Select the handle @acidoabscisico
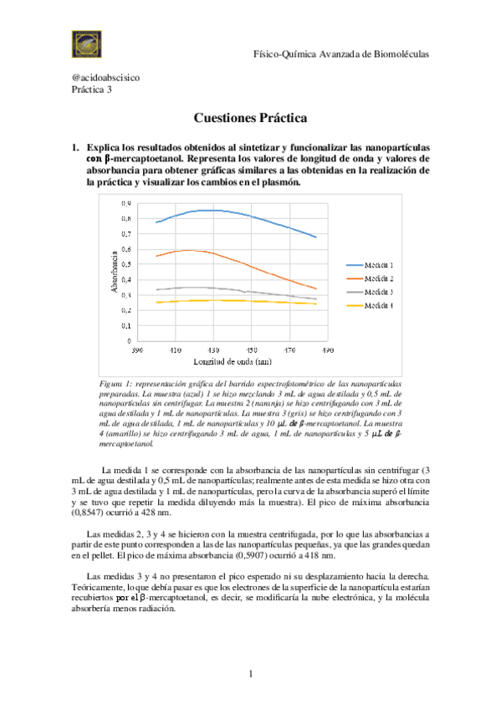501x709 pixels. (x=105, y=78)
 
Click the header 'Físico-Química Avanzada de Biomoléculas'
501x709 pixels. (x=341, y=54)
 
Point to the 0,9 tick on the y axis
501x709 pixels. (x=125, y=203)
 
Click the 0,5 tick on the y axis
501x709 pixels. (x=125, y=264)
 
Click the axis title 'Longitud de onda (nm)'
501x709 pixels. (x=232, y=362)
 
